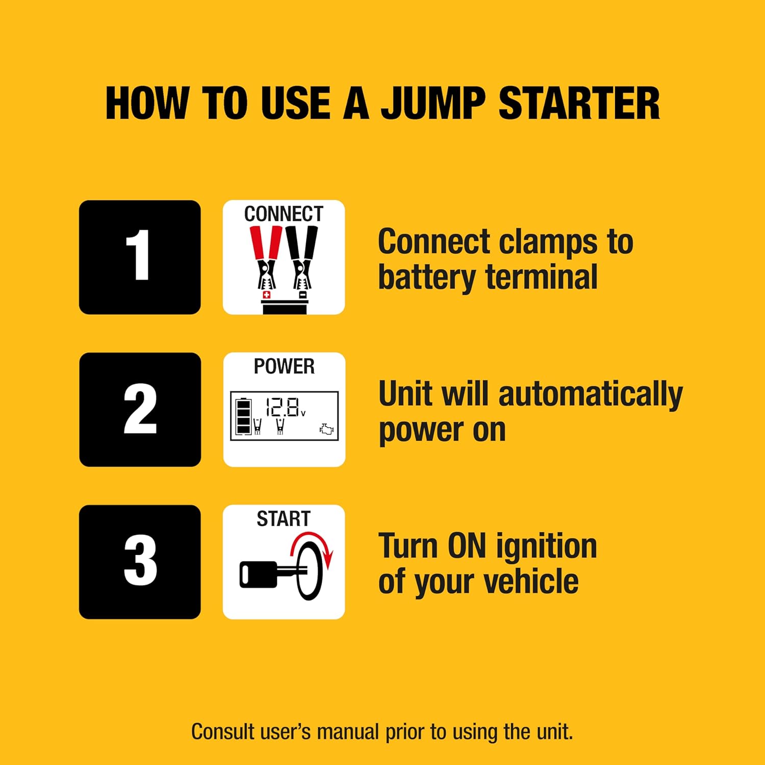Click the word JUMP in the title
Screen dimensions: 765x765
click(x=433, y=104)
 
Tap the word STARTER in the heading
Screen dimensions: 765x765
click(x=579, y=104)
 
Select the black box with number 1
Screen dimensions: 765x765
click(x=140, y=257)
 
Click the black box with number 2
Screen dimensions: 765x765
click(x=140, y=410)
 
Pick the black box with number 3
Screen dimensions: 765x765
click(x=140, y=562)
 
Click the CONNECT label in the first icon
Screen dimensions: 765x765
click(x=284, y=214)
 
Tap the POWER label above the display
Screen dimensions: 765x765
click(x=284, y=367)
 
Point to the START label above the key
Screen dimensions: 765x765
click(x=284, y=519)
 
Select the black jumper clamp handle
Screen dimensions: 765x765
click(x=302, y=244)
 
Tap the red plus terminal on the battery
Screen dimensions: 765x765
click(x=266, y=295)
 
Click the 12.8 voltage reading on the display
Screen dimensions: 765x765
click(x=283, y=407)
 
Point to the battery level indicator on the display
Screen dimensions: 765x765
click(x=243, y=416)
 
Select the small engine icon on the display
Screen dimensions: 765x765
click(x=326, y=429)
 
